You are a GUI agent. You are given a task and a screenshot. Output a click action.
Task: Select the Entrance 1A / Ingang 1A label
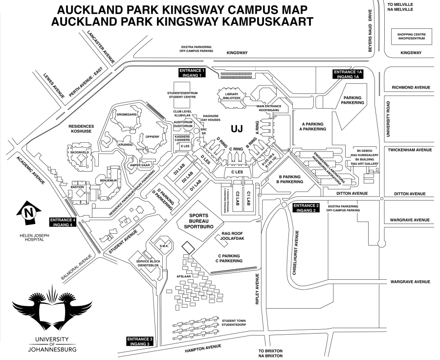350,74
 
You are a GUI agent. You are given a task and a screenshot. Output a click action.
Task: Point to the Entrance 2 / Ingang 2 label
306,207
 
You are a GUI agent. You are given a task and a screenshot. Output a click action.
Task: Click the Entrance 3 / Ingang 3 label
141,341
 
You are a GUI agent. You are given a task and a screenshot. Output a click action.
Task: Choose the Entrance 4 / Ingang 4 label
63,222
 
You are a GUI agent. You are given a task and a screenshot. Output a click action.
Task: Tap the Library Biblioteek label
232,95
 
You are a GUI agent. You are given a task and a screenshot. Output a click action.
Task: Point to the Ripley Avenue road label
257,289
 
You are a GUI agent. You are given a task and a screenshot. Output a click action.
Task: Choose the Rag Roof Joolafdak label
232,237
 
